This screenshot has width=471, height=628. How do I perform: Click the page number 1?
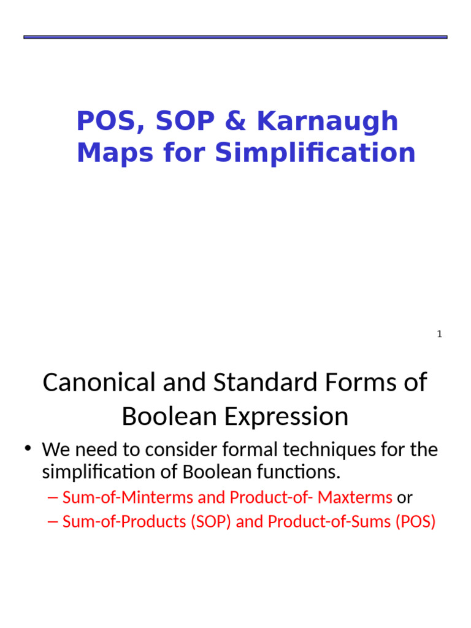tap(439, 334)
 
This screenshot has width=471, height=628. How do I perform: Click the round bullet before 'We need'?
tap(28, 449)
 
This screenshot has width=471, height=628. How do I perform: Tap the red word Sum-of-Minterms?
tap(128, 497)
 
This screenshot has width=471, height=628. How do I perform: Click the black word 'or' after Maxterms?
tap(405, 497)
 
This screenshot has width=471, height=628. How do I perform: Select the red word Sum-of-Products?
tap(124, 522)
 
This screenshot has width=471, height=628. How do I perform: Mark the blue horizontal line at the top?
tap(235, 37)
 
